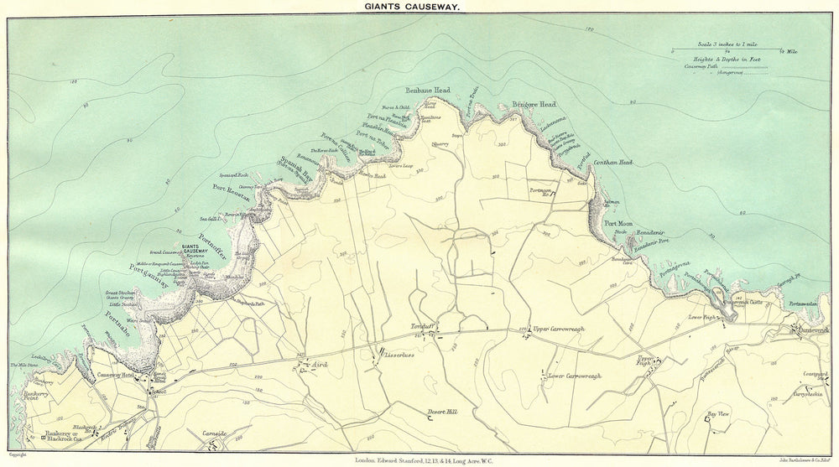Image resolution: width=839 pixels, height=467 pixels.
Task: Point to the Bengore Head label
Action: click(534, 104)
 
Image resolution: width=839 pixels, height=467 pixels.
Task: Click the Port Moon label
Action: click(618, 224)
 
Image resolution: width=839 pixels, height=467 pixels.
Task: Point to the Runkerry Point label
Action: click(26, 394)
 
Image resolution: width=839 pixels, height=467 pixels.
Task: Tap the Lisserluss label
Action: click(400, 355)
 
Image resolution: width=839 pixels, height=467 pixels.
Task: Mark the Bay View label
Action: click(718, 414)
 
